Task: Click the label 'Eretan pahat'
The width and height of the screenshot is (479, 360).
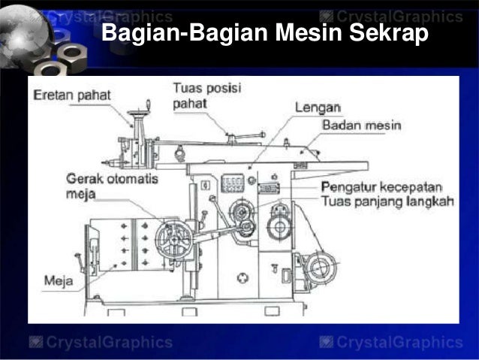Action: click(72, 95)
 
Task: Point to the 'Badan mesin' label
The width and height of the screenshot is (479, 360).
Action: click(363, 125)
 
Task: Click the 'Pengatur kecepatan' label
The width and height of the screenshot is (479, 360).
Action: click(381, 186)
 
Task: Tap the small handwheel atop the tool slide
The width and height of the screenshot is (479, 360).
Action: click(137, 113)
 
